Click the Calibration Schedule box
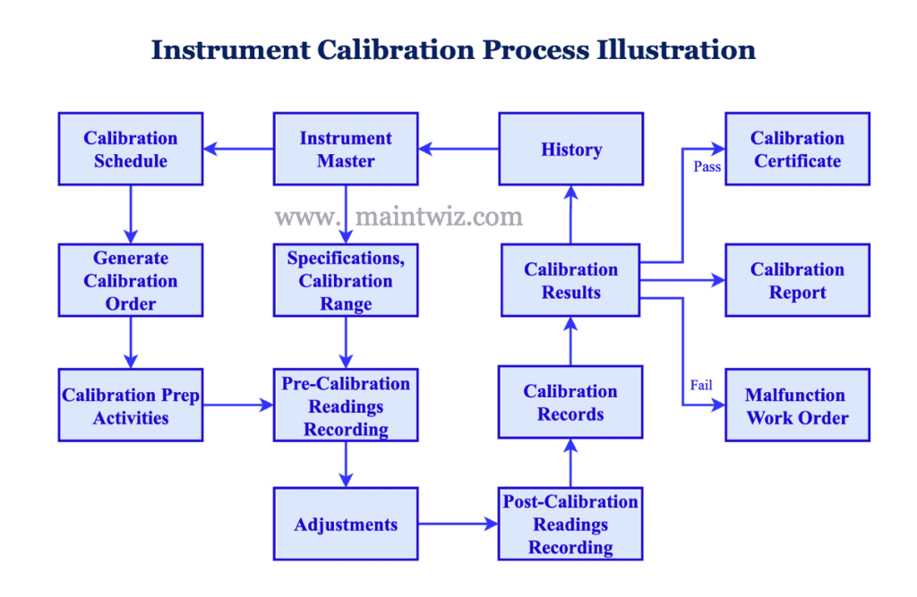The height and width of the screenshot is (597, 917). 131,149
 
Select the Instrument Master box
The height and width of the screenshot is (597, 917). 346,149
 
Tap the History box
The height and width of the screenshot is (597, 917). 570,149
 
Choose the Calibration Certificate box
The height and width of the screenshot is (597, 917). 797,149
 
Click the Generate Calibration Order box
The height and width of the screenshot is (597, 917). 131,280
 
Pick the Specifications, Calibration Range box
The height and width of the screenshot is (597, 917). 346,280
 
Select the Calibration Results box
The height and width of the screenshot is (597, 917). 570,280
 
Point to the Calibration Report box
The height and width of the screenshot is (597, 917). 797,280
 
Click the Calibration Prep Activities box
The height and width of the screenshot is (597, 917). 131,405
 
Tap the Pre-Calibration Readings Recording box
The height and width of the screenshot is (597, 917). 346,405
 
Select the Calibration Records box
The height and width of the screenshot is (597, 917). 570,402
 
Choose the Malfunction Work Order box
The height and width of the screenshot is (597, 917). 797,405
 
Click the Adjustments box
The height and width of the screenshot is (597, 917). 346,524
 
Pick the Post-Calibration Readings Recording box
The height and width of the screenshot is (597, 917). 570,524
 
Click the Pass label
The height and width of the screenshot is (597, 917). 707,166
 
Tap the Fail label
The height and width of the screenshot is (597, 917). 701,385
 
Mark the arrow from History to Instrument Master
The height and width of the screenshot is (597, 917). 458,149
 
